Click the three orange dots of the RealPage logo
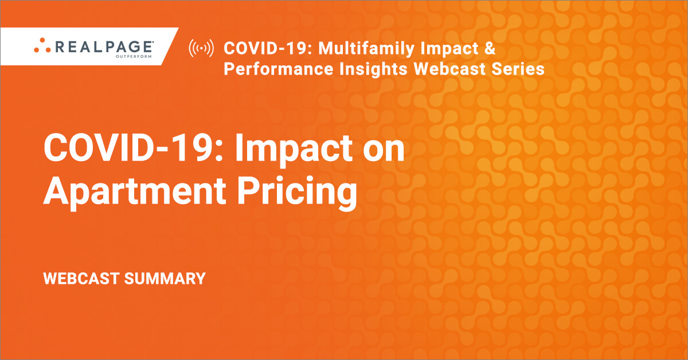[42, 45]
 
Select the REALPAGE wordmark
[104, 46]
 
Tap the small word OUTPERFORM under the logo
[134, 56]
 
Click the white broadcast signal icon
[201, 48]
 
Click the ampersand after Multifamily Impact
[490, 48]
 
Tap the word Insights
[373, 69]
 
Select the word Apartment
[135, 191]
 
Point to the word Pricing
[297, 193]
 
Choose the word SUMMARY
[165, 279]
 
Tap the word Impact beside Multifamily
[449, 49]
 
